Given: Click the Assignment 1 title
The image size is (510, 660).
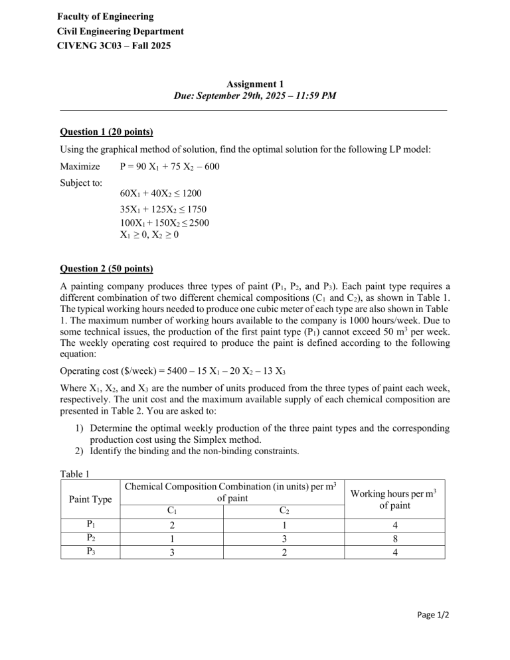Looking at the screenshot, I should (x=254, y=84).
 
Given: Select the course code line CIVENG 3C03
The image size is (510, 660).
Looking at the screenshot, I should (x=115, y=46).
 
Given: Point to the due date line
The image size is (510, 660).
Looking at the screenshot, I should (x=254, y=96).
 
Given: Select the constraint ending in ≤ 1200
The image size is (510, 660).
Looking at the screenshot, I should (x=157, y=194).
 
